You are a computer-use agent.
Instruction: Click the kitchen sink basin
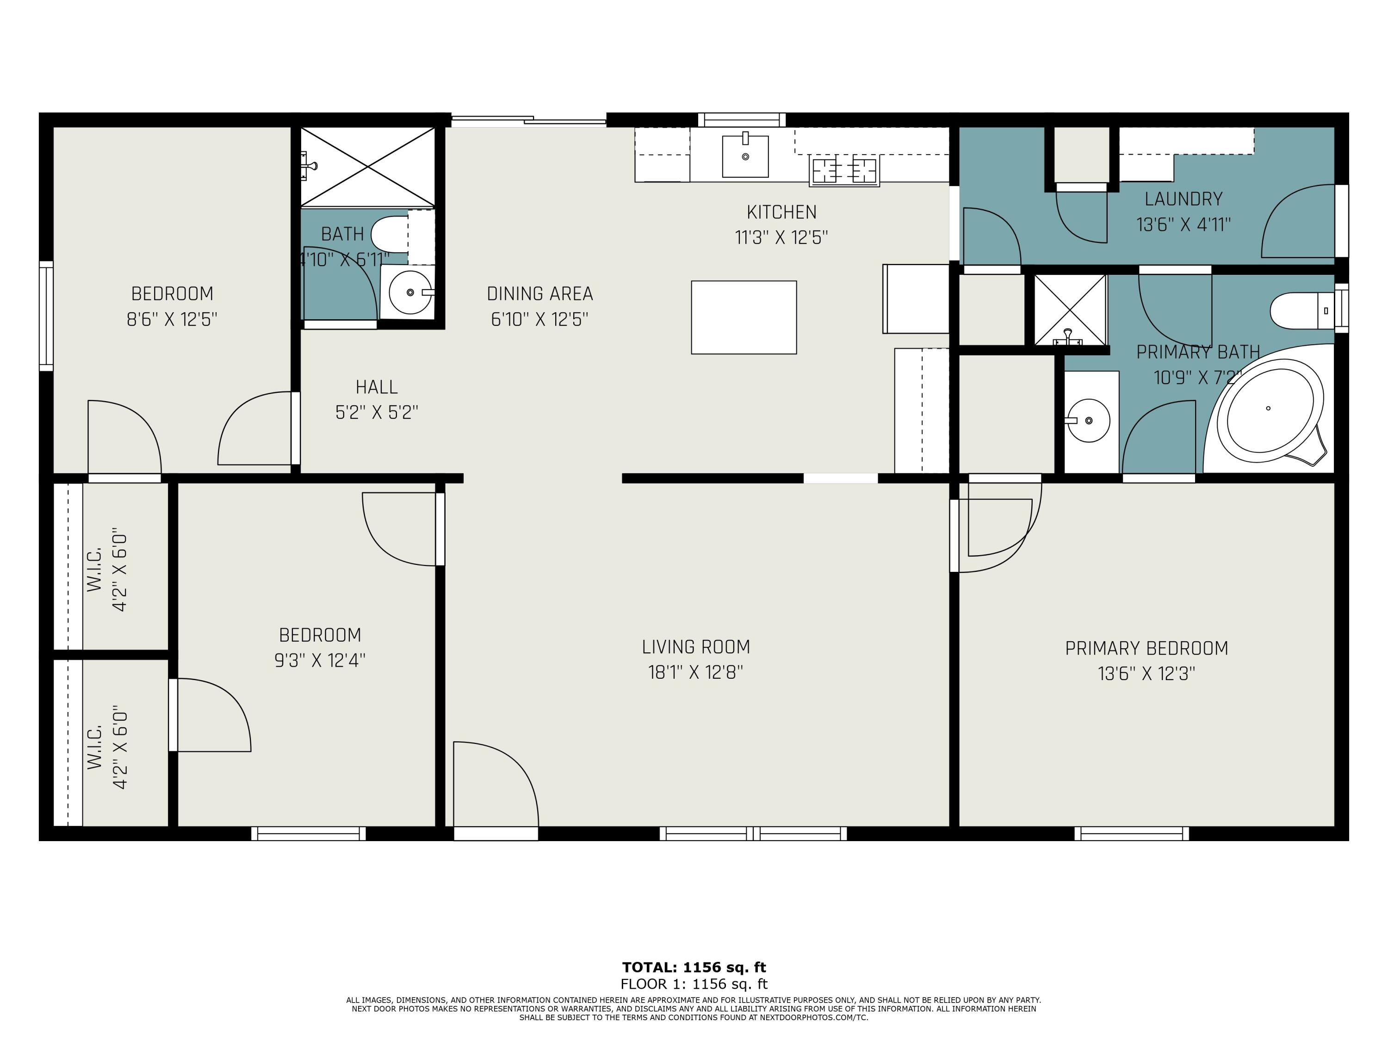[x=745, y=156]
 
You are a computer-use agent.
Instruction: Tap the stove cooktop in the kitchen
[x=844, y=171]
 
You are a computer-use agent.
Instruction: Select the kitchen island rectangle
[x=744, y=317]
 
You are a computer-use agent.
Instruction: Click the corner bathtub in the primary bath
[x=1270, y=410]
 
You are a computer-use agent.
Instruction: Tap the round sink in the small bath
[x=410, y=292]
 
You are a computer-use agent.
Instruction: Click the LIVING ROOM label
[x=696, y=647]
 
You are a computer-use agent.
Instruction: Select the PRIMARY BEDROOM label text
[x=1146, y=648]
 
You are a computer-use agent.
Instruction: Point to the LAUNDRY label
[x=1184, y=199]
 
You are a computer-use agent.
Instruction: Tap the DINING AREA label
[x=539, y=294]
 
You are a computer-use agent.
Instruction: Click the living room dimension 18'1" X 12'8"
[x=696, y=673]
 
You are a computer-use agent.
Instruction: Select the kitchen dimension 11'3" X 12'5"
[x=781, y=238]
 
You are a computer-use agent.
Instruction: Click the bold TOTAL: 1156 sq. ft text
[x=694, y=967]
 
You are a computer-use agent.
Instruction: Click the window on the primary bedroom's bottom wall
[x=1131, y=834]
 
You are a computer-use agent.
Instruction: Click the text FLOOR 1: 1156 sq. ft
[x=694, y=984]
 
